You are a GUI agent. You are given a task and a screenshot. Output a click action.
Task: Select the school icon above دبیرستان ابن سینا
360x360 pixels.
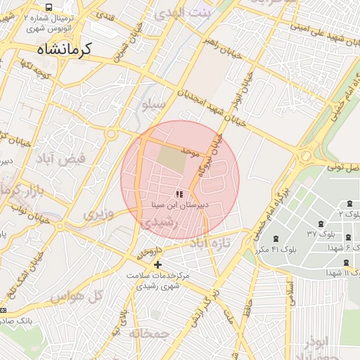[180, 194]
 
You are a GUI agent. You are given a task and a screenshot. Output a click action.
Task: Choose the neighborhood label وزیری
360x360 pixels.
[98, 213]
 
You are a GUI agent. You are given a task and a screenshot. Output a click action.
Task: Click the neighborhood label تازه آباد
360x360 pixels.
[210, 243]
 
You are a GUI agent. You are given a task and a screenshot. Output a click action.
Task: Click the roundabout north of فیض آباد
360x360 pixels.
[111, 135]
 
